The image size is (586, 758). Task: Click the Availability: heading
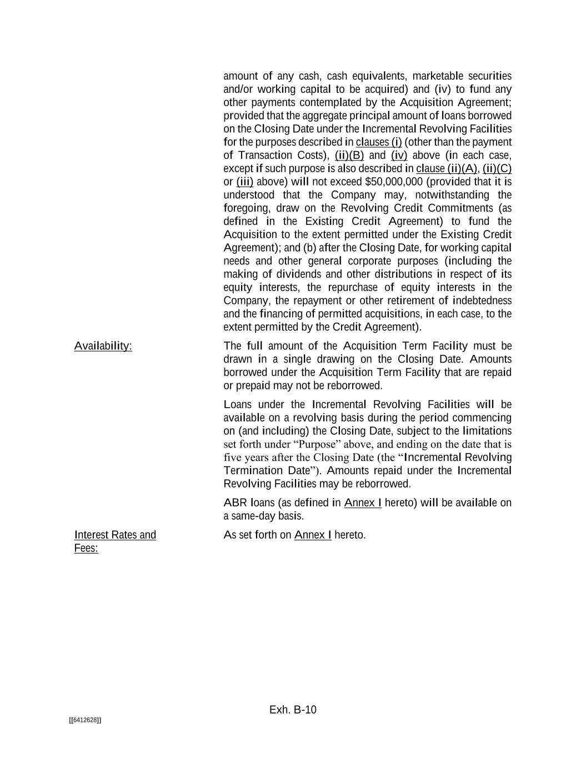click(x=103, y=346)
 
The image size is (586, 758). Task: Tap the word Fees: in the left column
click(x=86, y=549)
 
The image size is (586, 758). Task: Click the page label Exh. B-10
click(x=293, y=710)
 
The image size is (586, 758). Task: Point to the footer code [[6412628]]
click(x=85, y=720)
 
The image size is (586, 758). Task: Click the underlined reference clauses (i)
click(x=378, y=142)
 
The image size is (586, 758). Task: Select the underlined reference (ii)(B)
click(x=349, y=155)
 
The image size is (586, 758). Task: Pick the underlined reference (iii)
click(x=245, y=182)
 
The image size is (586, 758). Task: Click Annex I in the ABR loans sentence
click(x=363, y=503)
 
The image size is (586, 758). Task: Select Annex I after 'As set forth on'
click(x=313, y=535)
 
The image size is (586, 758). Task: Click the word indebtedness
click(x=482, y=300)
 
